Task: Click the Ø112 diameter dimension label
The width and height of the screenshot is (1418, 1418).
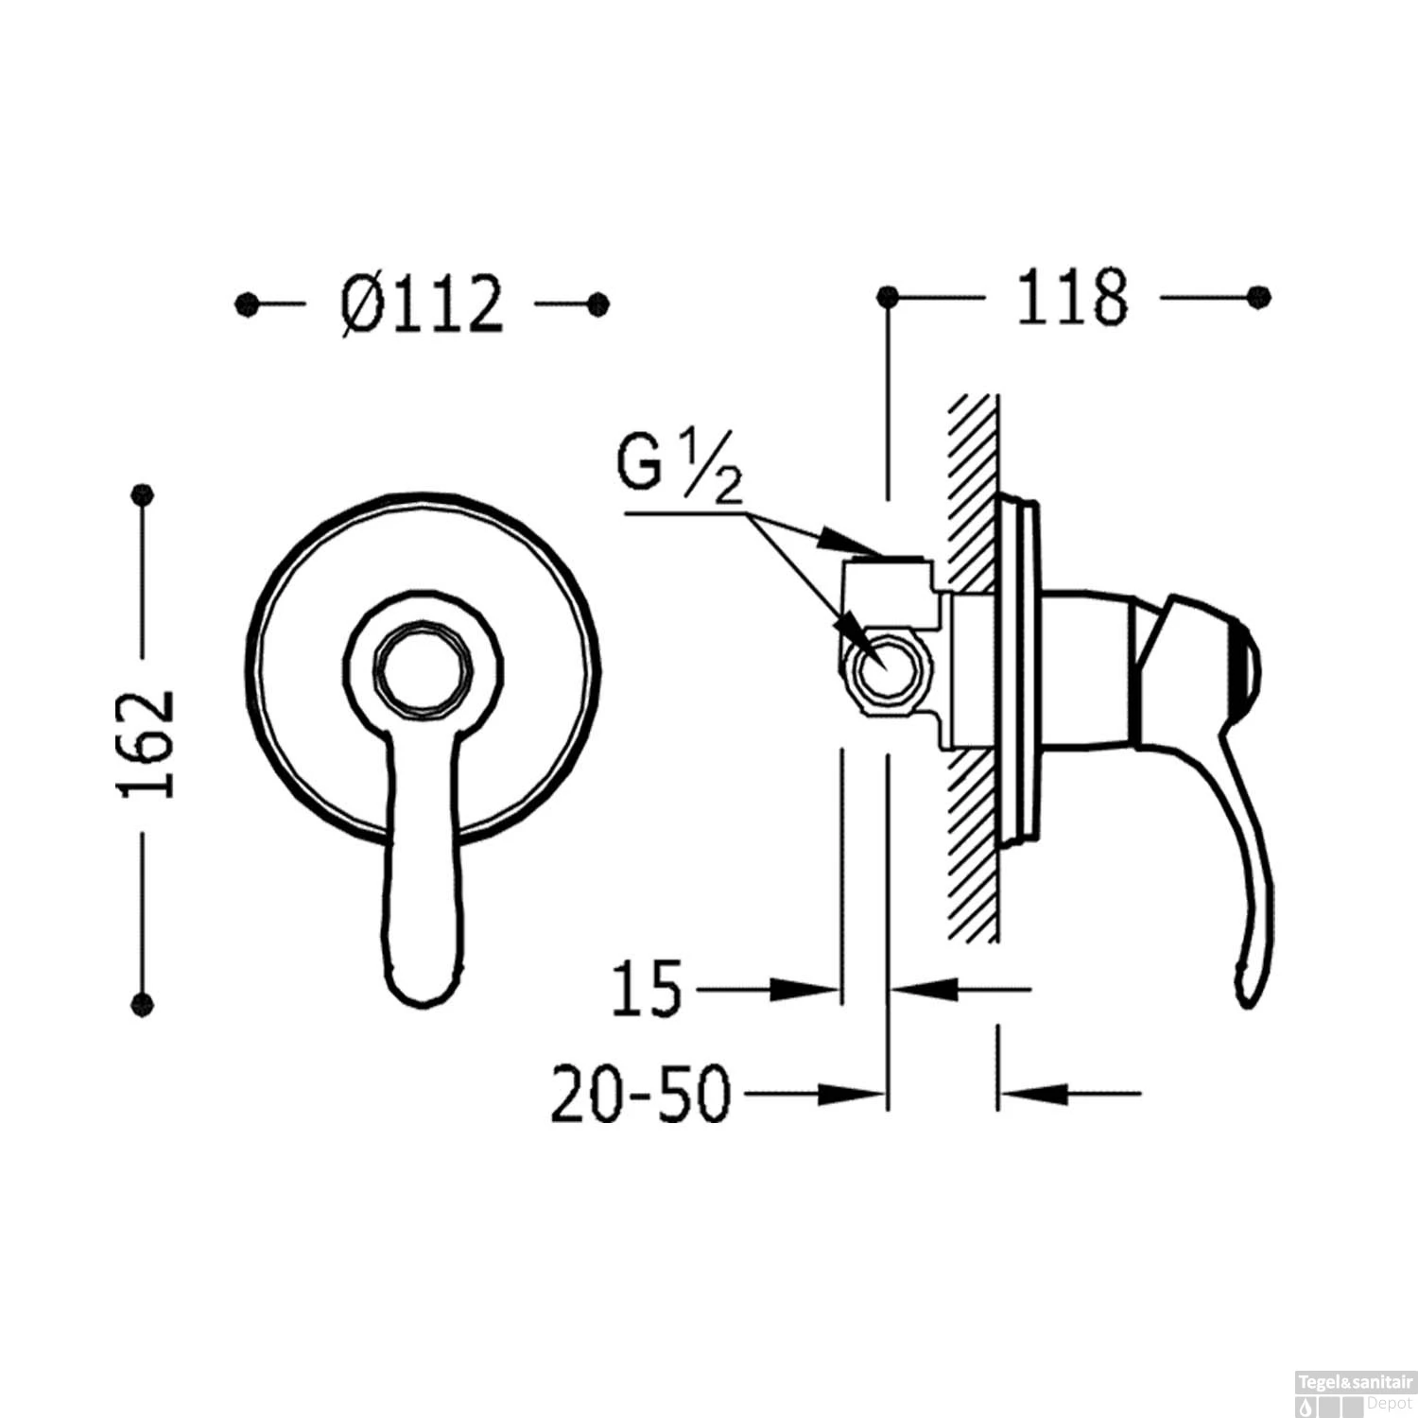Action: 423,304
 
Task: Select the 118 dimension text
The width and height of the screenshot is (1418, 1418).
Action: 1072,297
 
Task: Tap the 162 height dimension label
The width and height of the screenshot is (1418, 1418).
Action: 147,745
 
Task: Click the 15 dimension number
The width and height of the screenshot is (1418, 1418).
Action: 647,989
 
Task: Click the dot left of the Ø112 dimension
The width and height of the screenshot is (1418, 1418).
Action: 247,304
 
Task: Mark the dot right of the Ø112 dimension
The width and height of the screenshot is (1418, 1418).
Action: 597,303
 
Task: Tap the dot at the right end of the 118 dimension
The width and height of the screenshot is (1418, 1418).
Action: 1258,297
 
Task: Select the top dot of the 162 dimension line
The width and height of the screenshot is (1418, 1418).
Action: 143,494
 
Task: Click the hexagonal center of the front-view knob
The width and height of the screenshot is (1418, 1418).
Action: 423,665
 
